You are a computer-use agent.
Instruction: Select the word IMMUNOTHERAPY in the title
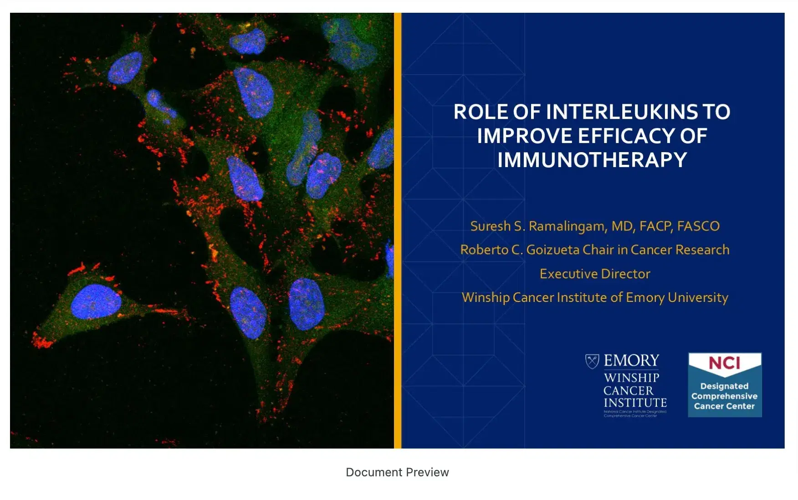coord(592,160)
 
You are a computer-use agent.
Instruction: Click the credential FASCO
coord(698,226)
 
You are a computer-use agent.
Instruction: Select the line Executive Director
coord(595,274)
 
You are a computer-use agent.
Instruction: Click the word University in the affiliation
coord(698,298)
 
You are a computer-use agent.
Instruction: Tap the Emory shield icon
coord(592,361)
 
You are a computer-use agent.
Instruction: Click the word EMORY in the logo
coord(631,361)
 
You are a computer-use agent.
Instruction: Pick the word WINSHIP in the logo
coord(631,378)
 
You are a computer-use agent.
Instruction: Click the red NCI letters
coord(724,363)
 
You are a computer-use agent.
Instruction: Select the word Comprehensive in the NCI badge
coord(724,396)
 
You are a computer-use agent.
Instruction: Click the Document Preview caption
coord(397,472)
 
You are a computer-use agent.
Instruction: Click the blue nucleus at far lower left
coord(95,301)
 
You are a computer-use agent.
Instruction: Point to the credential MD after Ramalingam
coord(621,226)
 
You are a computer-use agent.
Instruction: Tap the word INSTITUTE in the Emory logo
coord(635,403)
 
